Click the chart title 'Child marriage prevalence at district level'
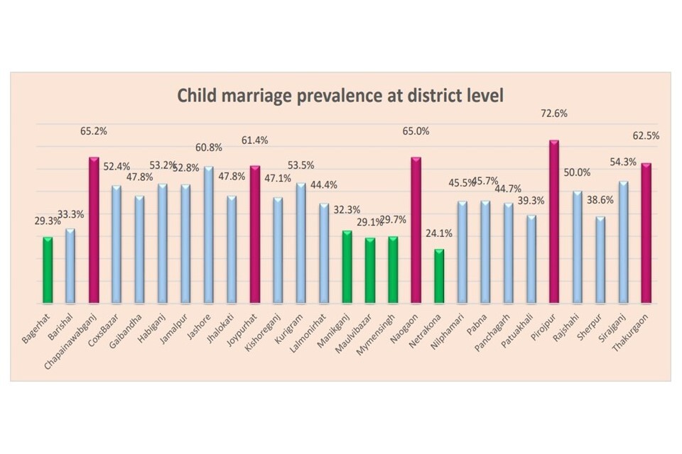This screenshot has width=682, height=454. pyautogui.click(x=340, y=95)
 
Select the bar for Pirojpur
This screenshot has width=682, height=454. pyautogui.click(x=555, y=221)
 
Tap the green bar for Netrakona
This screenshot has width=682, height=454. pyautogui.click(x=439, y=276)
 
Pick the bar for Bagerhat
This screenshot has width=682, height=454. pyautogui.click(x=48, y=270)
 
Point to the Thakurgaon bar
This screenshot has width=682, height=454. pyautogui.click(x=646, y=233)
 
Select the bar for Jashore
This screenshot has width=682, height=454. pyautogui.click(x=208, y=235)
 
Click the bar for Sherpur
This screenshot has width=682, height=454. pyautogui.click(x=600, y=260)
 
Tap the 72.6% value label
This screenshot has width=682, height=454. pyautogui.click(x=554, y=113)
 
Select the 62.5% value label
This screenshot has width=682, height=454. pyautogui.click(x=646, y=137)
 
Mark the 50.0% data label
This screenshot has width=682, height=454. pyautogui.click(x=577, y=173)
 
